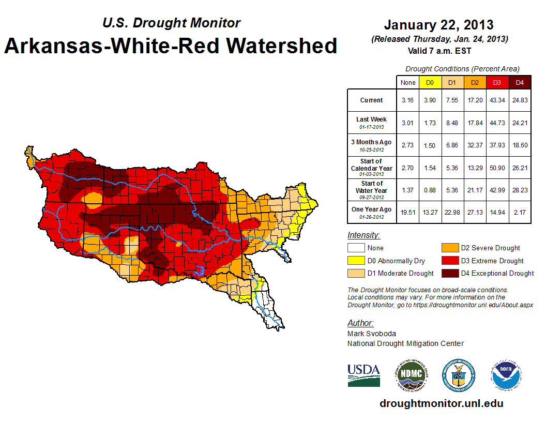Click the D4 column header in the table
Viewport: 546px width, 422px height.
click(x=520, y=82)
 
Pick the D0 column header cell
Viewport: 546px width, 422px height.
click(x=430, y=82)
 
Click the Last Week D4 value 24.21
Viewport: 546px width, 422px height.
click(x=520, y=123)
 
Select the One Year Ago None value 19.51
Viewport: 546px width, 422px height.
click(x=408, y=213)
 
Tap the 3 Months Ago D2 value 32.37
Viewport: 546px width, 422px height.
click(x=475, y=145)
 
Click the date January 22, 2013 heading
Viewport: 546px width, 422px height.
click(x=438, y=25)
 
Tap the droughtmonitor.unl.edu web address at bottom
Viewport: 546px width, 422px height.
click(x=441, y=403)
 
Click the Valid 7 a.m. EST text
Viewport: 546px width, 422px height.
click(x=438, y=50)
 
